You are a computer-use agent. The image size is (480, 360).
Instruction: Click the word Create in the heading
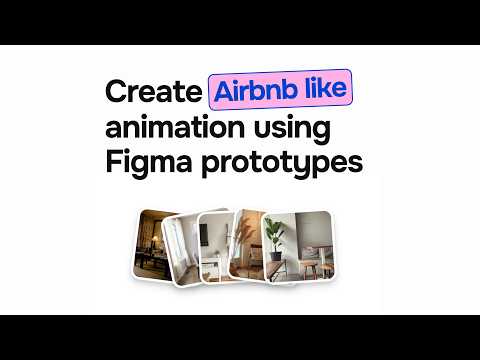[153, 92]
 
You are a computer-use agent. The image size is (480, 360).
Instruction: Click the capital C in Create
[118, 92]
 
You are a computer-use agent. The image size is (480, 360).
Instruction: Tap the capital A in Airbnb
[221, 92]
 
